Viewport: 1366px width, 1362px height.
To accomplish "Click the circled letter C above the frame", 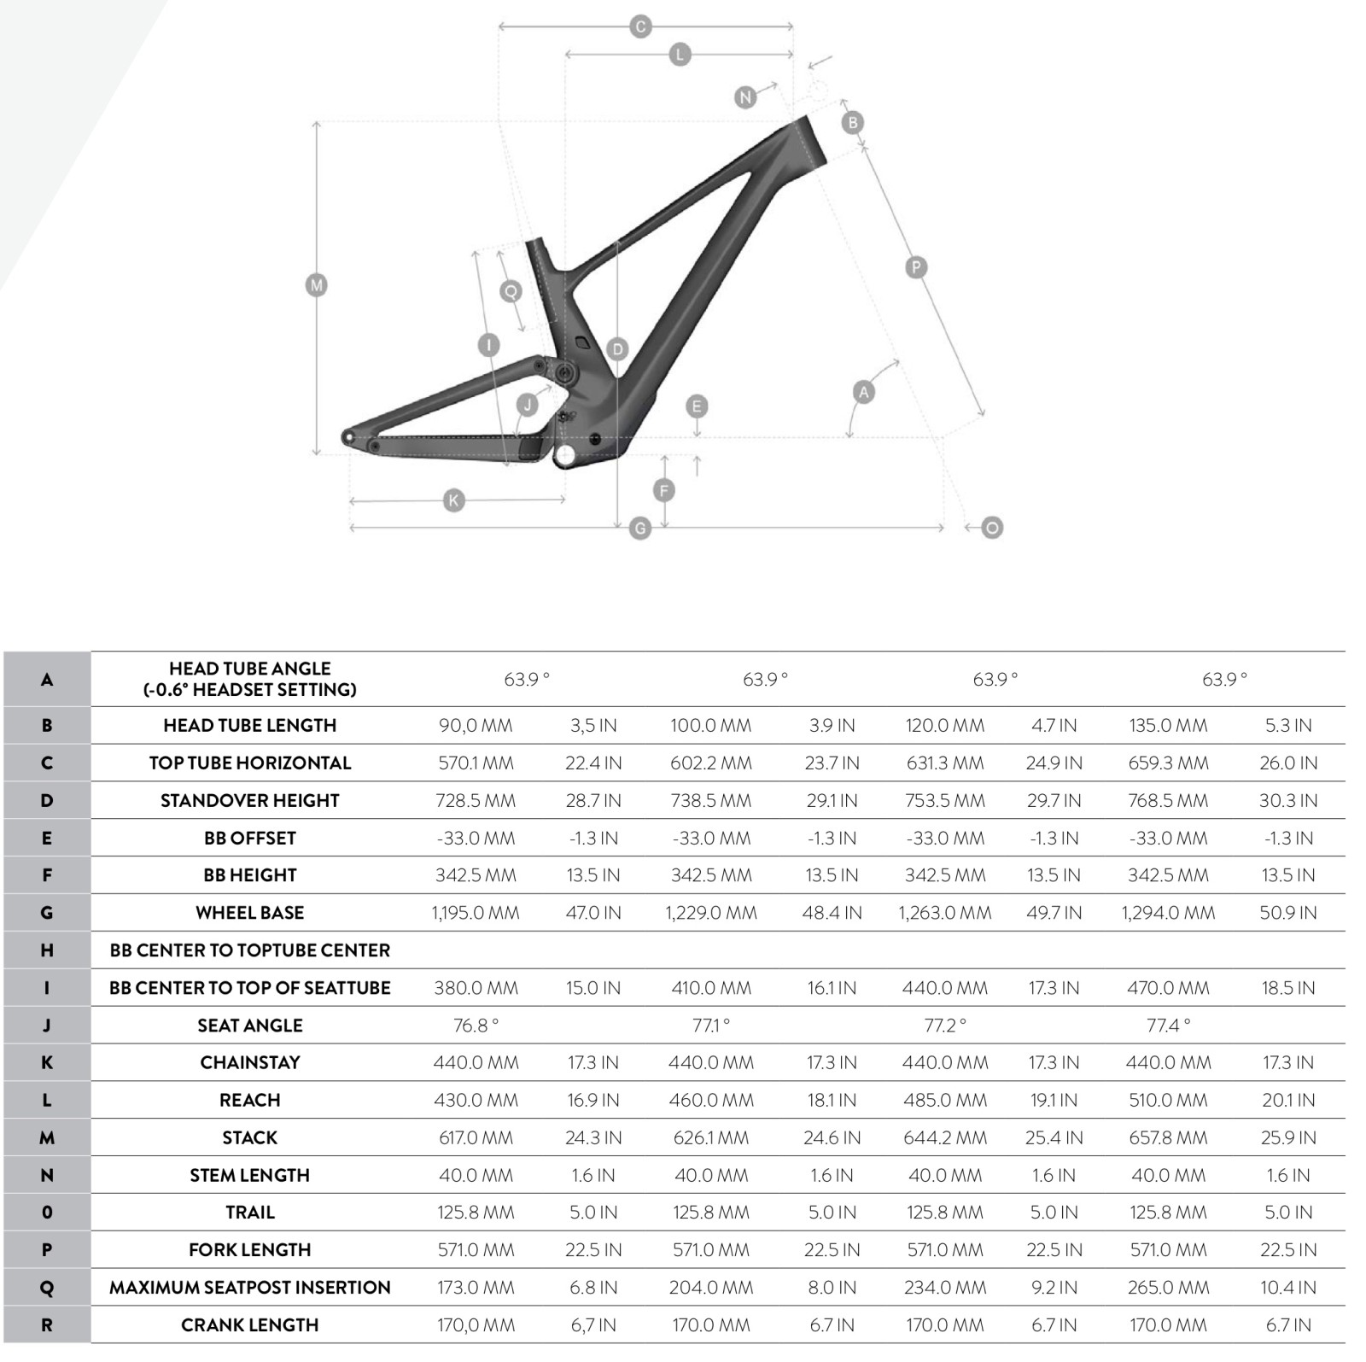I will (x=640, y=26).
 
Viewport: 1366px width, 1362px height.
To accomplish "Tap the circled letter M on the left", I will (x=317, y=285).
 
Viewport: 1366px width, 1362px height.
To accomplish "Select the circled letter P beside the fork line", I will (x=916, y=267).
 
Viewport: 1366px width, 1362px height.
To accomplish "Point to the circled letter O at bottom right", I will (x=992, y=528).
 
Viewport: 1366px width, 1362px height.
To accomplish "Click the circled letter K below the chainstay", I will (x=454, y=500).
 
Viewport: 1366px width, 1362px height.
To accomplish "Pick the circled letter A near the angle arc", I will (x=864, y=392).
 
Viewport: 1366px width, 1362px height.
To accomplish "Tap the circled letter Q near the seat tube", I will (x=511, y=291).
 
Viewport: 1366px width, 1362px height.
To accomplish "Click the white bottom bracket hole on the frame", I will (x=565, y=456).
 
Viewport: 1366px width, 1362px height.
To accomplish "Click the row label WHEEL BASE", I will (x=249, y=913).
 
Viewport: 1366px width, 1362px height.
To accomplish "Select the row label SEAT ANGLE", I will (x=249, y=1026).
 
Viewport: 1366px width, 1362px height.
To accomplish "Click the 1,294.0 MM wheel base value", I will (x=1168, y=913).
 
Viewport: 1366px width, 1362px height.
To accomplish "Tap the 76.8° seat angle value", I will (x=476, y=1026).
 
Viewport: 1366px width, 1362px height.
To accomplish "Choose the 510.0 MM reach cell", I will (x=1168, y=1100).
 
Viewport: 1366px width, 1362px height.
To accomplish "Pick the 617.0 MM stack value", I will (x=476, y=1137).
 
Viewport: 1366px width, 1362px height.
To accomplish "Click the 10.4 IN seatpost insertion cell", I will (x=1288, y=1287).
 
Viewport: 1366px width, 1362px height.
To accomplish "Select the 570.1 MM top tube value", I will (x=476, y=763).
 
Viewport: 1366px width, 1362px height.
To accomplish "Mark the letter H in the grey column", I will (x=47, y=950).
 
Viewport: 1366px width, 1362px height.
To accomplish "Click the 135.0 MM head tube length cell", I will (x=1168, y=725).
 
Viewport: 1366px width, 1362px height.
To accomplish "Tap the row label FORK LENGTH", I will (x=249, y=1250).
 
